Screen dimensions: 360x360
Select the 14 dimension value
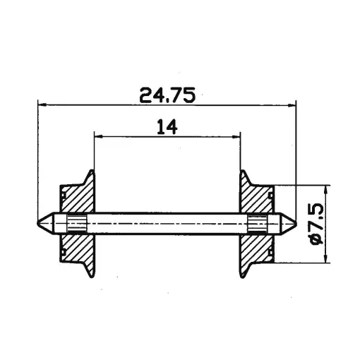(167, 126)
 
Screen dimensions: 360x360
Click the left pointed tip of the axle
(39, 223)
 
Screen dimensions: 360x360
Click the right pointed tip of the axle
(295, 223)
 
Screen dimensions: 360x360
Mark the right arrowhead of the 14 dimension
(238, 136)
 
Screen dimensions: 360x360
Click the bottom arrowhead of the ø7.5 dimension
(326, 259)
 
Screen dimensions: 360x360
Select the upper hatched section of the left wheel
(76, 198)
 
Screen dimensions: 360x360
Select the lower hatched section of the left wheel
(76, 247)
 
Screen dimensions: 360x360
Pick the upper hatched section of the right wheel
(257, 198)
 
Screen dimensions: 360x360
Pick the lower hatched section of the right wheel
(257, 247)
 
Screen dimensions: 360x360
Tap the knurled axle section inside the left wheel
(76, 223)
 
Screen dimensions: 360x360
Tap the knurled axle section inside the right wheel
(259, 223)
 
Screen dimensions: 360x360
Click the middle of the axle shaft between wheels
(167, 223)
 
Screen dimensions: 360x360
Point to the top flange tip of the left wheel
(91, 172)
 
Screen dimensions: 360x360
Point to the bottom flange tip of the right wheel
(244, 276)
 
